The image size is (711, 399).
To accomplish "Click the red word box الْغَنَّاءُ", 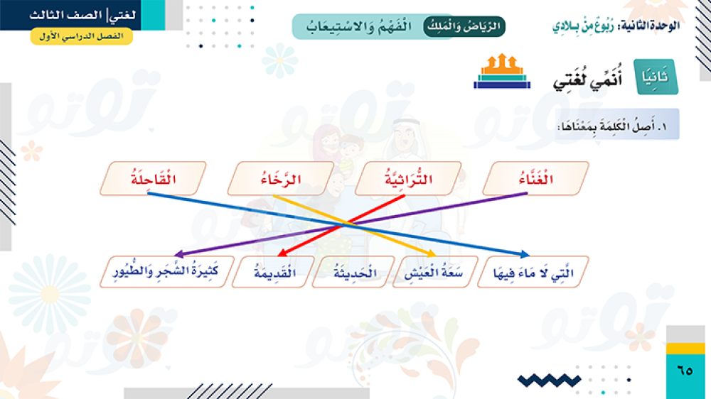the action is (x=535, y=178).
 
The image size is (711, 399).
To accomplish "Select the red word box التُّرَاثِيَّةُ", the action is (x=408, y=178).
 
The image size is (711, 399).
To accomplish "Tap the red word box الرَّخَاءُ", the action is (x=281, y=178).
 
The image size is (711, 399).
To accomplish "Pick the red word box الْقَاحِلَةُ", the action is (x=154, y=178).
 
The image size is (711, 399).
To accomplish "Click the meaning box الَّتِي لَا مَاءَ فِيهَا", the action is (x=533, y=272).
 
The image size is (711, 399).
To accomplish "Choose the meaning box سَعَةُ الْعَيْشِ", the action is (x=435, y=272).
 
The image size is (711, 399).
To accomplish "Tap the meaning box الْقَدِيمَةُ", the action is (x=274, y=272).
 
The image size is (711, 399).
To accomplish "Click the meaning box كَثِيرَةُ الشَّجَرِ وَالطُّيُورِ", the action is (x=166, y=272).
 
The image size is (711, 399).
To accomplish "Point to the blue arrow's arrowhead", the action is (x=525, y=254).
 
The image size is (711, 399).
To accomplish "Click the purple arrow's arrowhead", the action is (x=179, y=255).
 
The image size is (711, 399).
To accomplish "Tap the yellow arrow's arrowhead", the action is (x=432, y=253).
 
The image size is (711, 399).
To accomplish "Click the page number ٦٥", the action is (x=685, y=371).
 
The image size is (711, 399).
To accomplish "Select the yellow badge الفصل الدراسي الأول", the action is (x=82, y=36).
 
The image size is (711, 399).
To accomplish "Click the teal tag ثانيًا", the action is (x=656, y=77).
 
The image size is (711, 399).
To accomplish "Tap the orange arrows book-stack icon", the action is (x=502, y=71).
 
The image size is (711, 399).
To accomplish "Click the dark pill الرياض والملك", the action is (x=464, y=26).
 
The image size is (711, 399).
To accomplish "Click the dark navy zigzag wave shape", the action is (x=549, y=380).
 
